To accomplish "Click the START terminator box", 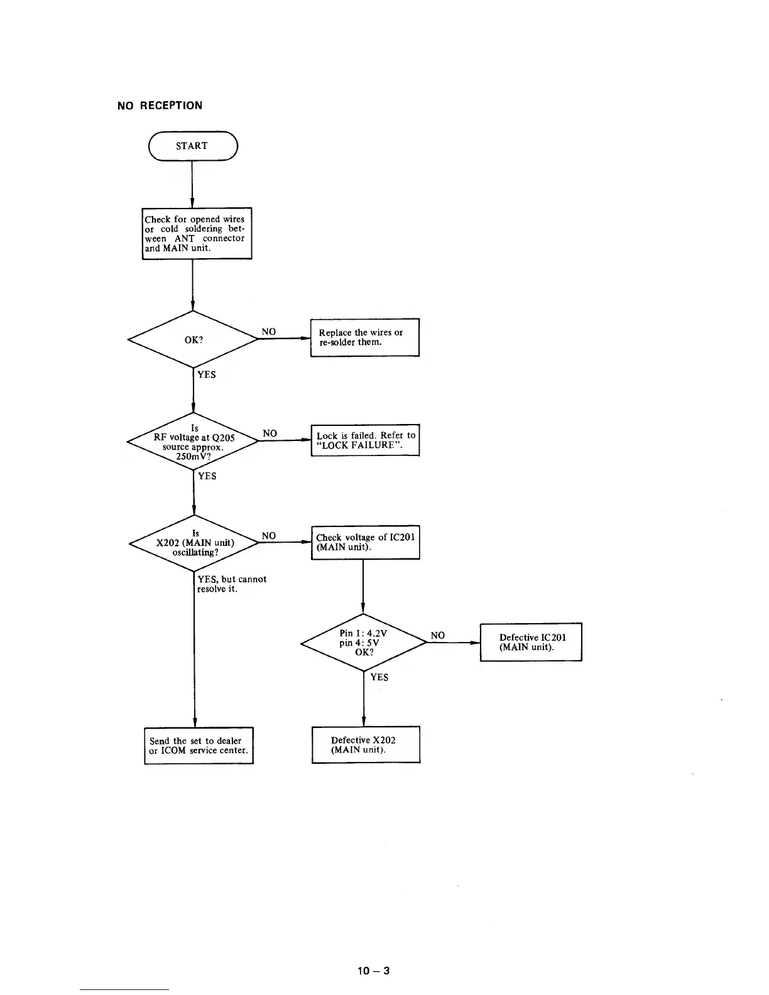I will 192,146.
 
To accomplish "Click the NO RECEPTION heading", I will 160,106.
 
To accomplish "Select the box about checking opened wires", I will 197,233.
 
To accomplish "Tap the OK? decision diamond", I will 193,339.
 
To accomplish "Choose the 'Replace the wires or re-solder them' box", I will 364,337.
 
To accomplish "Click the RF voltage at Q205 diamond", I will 193,442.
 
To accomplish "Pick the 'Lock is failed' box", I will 365,440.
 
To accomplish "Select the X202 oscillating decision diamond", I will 194,543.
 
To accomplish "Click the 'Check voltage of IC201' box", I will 365,542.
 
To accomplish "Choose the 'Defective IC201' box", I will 531,641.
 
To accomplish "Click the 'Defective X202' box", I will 366,744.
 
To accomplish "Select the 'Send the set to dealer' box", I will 199,746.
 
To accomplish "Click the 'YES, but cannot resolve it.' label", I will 231,584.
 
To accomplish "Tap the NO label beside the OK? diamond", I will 268,331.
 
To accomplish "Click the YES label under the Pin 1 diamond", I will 379,677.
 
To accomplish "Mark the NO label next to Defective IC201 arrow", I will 437,635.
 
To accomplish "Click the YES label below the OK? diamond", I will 206,374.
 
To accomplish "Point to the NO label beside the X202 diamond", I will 268,535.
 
